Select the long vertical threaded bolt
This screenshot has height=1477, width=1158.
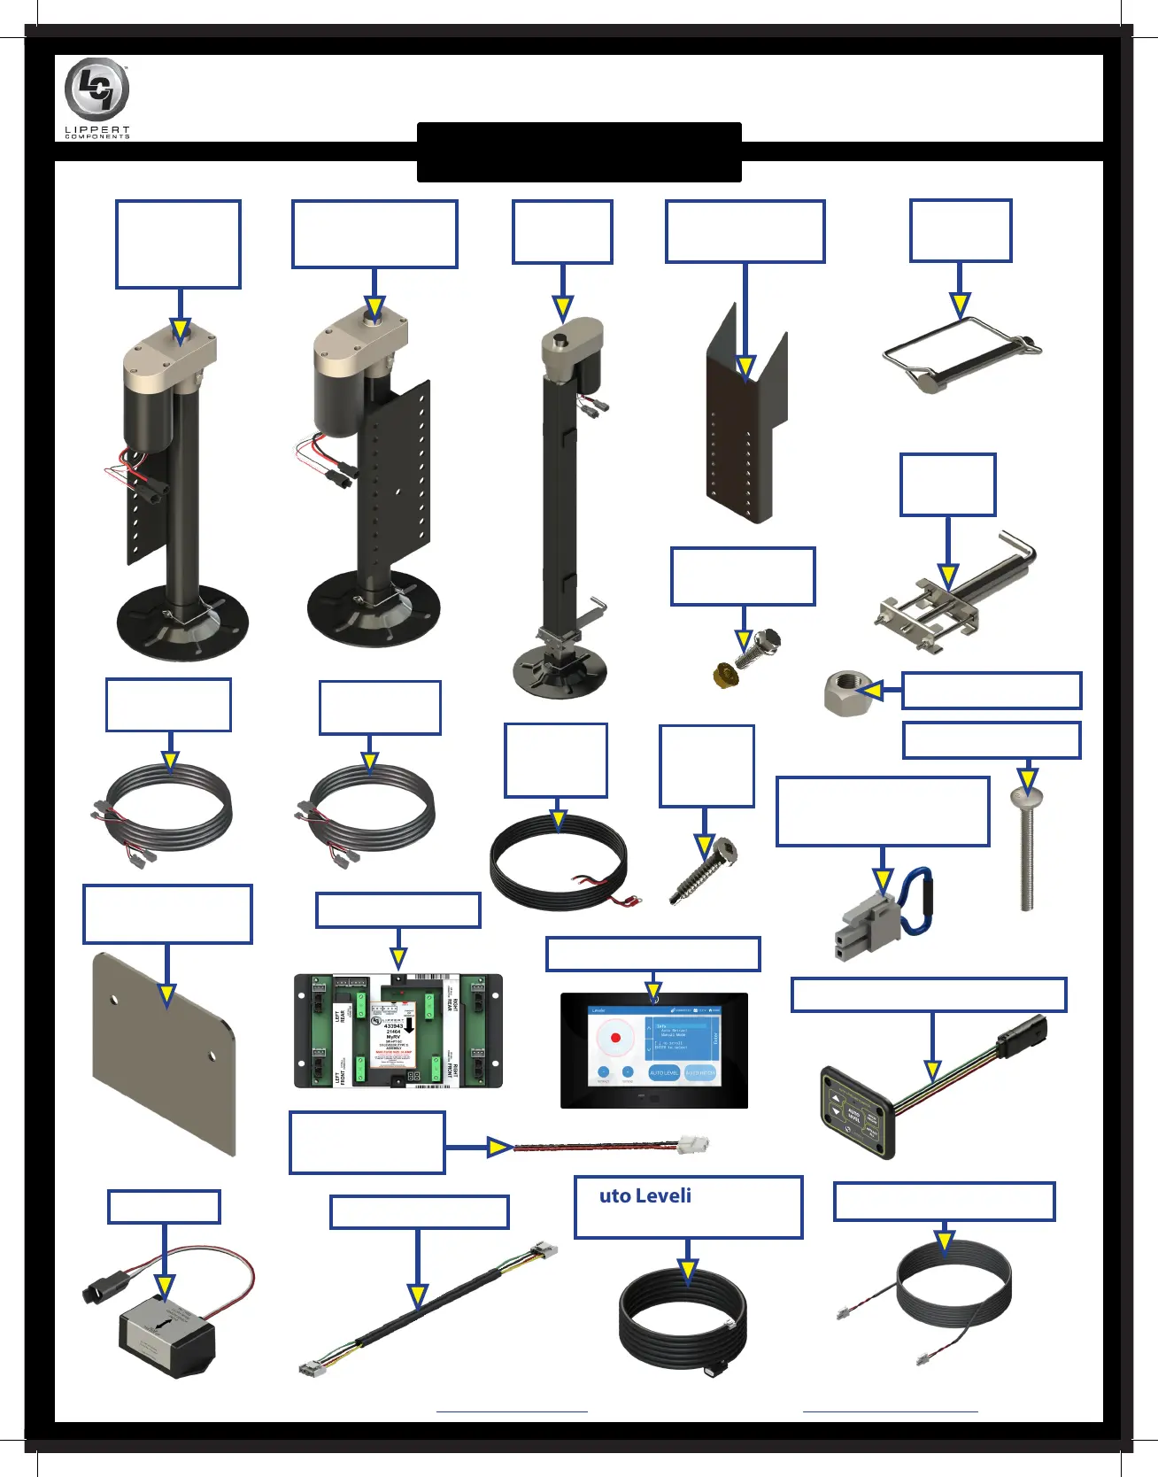tap(1027, 850)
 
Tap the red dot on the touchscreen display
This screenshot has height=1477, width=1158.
tap(615, 1038)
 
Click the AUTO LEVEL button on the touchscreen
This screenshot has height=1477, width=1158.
tap(664, 1072)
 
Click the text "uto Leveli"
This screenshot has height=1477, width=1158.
tap(645, 1196)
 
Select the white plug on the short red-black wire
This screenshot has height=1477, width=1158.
tap(691, 1144)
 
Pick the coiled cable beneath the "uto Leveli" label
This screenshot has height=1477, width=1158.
tap(683, 1319)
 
